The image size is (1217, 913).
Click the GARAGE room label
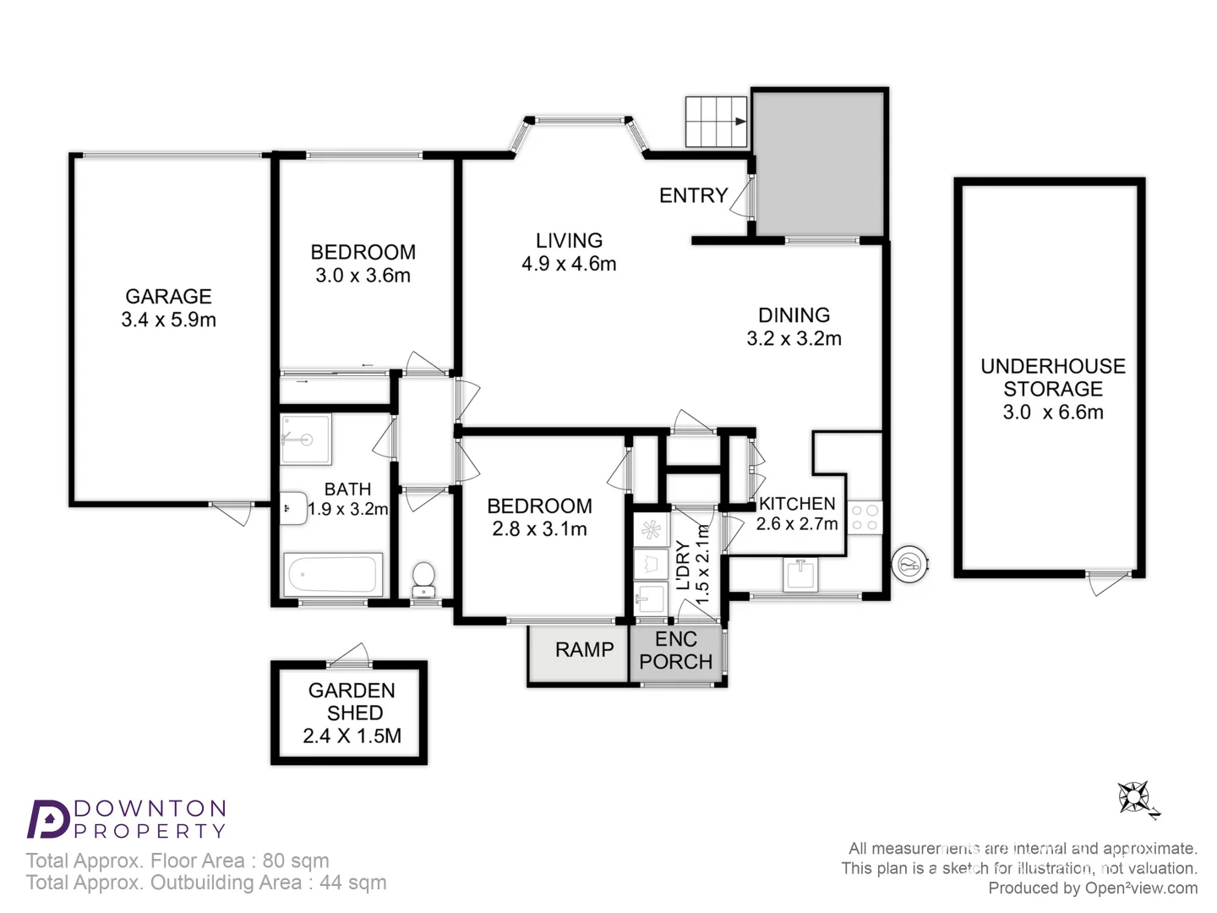168,297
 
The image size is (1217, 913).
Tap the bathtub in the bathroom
331,575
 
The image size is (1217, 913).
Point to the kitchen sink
800,575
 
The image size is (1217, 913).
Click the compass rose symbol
1134,797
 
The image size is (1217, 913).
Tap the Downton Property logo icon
47,818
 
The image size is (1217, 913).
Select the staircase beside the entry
715,122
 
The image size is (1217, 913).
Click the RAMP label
584,650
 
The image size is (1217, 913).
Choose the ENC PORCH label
676,651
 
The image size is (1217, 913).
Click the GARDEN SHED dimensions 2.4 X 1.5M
352,736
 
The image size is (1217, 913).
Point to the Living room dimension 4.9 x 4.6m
569,265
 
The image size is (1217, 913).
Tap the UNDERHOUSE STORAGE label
1052,378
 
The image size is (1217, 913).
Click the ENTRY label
693,196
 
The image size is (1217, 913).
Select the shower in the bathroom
305,439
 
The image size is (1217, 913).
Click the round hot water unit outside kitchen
911,564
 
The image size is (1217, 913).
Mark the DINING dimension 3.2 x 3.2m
794,339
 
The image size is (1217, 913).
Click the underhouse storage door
1108,582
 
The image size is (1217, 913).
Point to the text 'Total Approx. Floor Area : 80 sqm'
177,861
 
